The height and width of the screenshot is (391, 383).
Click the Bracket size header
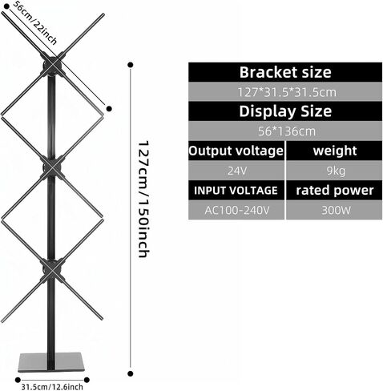[x=285, y=72]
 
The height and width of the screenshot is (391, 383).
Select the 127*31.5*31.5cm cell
[x=285, y=92]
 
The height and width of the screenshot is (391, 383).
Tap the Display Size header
[x=285, y=111]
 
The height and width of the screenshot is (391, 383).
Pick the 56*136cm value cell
[x=285, y=131]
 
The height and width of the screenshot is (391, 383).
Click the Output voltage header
[x=236, y=151]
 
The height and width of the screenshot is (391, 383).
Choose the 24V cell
[x=236, y=171]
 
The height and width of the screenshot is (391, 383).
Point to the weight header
[x=334, y=151]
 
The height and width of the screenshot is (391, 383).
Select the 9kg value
[x=334, y=171]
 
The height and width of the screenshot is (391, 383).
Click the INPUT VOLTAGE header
[x=236, y=190]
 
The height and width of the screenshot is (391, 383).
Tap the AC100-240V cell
[x=236, y=210]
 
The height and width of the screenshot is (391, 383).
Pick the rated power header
[x=334, y=190]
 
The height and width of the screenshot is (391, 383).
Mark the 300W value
[x=334, y=210]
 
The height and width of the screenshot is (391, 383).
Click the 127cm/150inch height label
[x=143, y=200]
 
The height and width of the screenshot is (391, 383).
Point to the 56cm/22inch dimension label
[x=34, y=23]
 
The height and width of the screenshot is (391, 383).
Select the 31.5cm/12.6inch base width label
[x=52, y=387]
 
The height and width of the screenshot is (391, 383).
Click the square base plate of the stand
[x=51, y=362]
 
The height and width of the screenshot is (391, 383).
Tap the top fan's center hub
[x=52, y=64]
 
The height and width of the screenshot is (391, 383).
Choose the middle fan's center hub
[x=52, y=167]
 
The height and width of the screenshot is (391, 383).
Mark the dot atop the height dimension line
[x=131, y=65]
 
